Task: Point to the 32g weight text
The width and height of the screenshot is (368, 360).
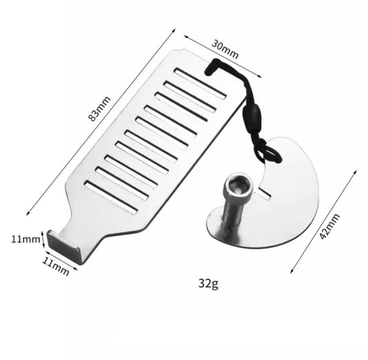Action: point(208,282)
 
